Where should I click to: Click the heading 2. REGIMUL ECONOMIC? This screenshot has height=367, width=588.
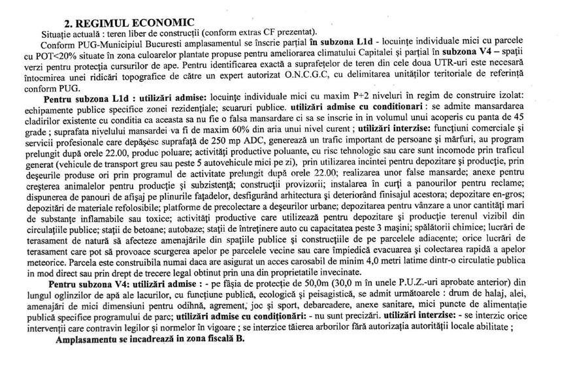pos(123,23)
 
